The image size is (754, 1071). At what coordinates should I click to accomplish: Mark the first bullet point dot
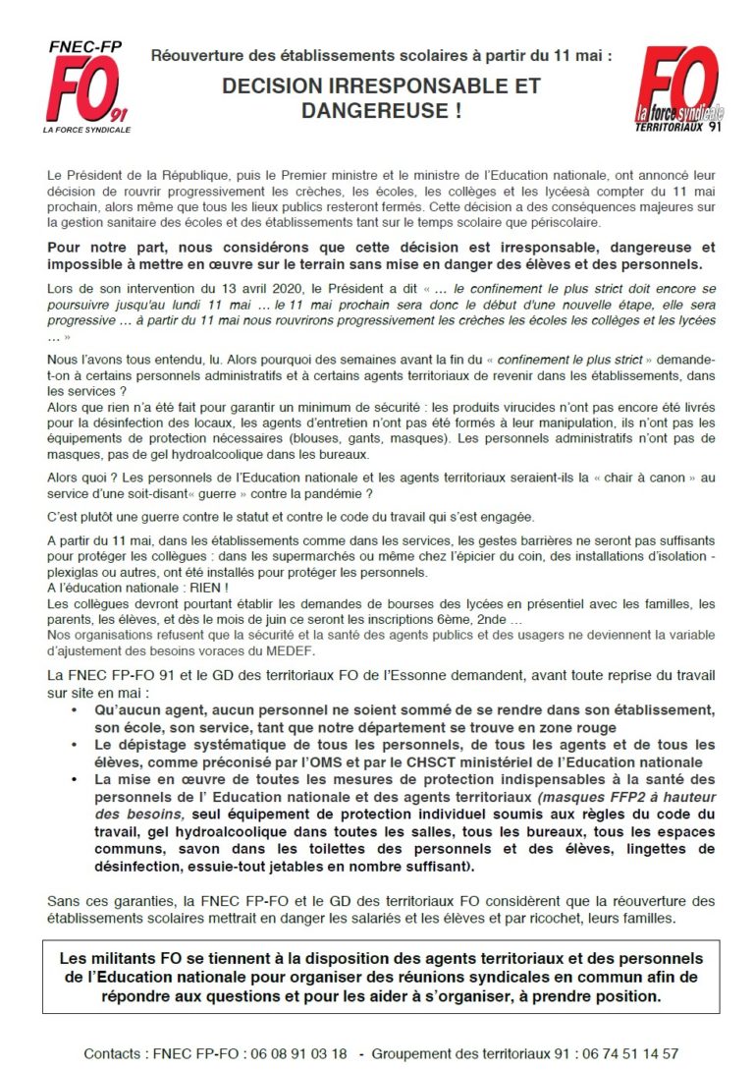(77, 710)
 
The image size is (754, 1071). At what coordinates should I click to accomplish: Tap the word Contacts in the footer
(114, 1053)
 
